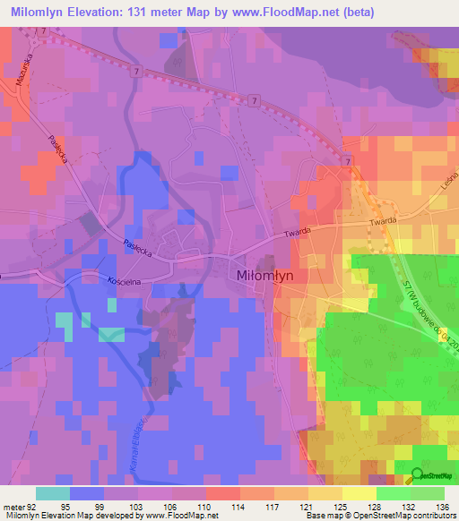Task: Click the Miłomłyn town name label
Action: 268,276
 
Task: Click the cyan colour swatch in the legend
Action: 53,493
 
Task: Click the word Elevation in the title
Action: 91,12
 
